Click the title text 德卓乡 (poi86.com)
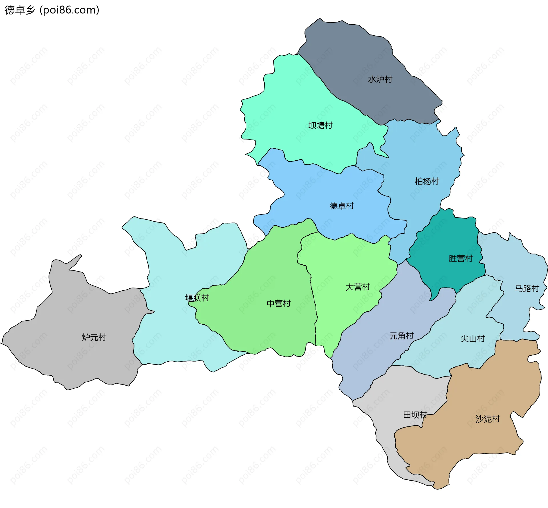(52, 10)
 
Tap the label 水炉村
(380, 79)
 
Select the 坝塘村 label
(320, 125)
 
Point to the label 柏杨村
(427, 181)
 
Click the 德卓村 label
(342, 206)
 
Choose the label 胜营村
(460, 258)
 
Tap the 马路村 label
(527, 288)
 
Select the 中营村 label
(278, 303)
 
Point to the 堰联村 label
(197, 298)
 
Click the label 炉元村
(94, 337)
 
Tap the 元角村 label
(401, 336)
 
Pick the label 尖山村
(473, 339)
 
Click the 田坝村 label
(415, 415)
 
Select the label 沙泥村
(487, 419)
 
